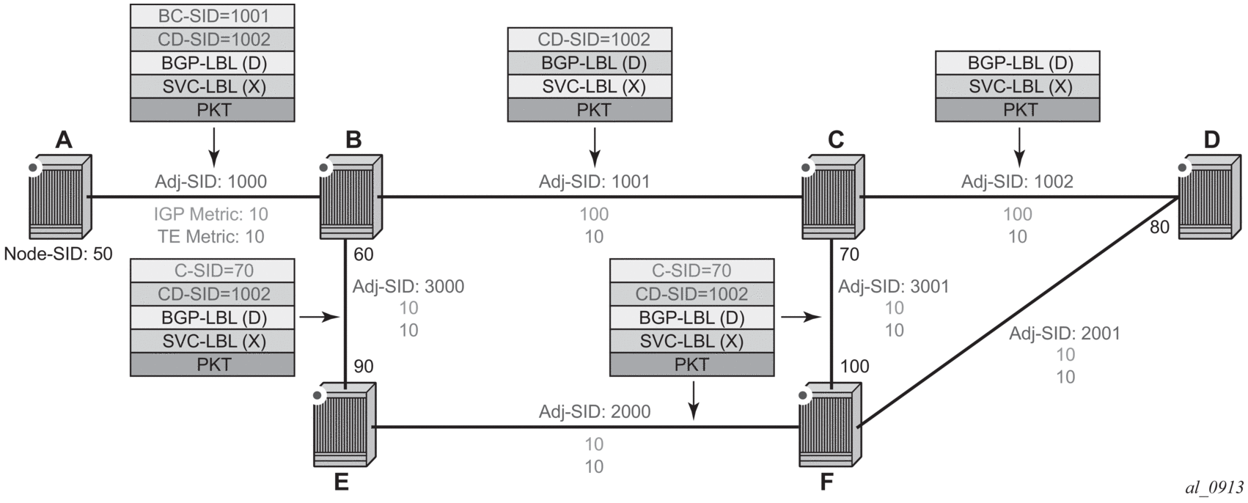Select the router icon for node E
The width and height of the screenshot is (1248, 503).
click(x=343, y=426)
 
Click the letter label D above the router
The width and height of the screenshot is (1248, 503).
click(x=1211, y=139)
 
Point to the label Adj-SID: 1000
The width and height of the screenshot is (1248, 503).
click(x=211, y=181)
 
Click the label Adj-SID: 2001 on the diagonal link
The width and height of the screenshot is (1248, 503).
click(x=1065, y=334)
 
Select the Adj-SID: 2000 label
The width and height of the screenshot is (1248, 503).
click(x=595, y=411)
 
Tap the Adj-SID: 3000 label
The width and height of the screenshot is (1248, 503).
click(x=408, y=287)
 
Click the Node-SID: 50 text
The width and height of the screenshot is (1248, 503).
click(x=58, y=254)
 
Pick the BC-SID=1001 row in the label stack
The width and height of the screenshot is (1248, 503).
click(x=213, y=15)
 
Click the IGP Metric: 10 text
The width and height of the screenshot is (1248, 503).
click(x=211, y=214)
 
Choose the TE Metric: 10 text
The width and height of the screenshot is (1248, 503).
click(x=211, y=236)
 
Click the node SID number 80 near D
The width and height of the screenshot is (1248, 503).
click(x=1159, y=227)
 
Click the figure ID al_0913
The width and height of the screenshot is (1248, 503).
click(x=1214, y=488)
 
